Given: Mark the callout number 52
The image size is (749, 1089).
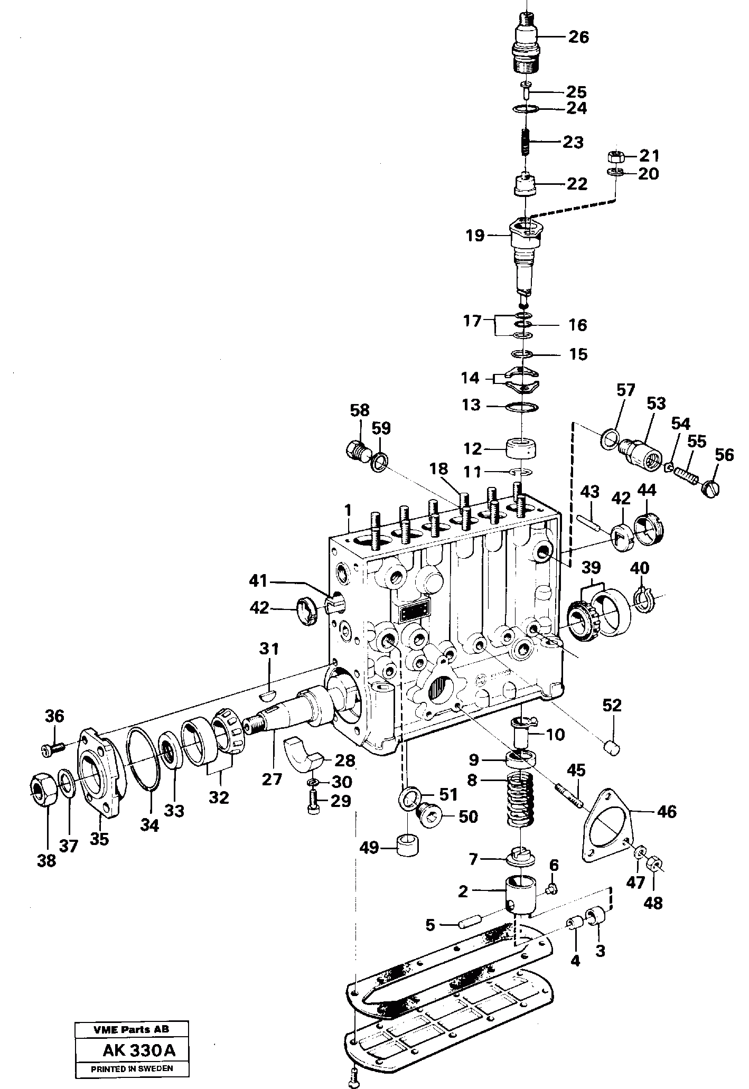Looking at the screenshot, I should pyautogui.click(x=612, y=705).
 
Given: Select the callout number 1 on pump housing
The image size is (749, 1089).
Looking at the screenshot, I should pyautogui.click(x=348, y=510).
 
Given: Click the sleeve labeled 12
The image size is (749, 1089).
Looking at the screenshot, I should pyautogui.click(x=521, y=449).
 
